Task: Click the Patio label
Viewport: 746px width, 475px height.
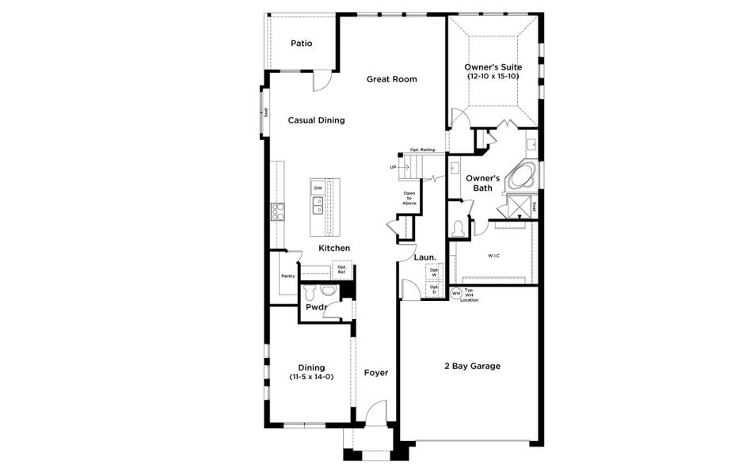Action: pyautogui.click(x=301, y=44)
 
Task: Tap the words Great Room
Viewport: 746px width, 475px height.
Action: pyautogui.click(x=391, y=79)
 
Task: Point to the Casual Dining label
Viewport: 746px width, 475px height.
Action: pyautogui.click(x=316, y=120)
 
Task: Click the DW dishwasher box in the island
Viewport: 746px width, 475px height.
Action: pyautogui.click(x=318, y=188)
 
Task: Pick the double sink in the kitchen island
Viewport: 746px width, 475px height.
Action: pyautogui.click(x=318, y=206)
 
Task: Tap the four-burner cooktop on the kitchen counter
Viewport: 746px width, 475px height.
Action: pyautogui.click(x=278, y=211)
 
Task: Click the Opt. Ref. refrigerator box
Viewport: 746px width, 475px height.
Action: pyautogui.click(x=342, y=269)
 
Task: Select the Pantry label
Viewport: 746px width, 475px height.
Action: pyautogui.click(x=287, y=276)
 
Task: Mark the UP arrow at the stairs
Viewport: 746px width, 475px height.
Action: pyautogui.click(x=394, y=167)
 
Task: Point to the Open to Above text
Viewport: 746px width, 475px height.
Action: pyautogui.click(x=409, y=198)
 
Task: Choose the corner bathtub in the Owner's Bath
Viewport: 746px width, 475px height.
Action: pyautogui.click(x=521, y=177)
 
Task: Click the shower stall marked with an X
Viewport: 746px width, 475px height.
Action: pyautogui.click(x=520, y=207)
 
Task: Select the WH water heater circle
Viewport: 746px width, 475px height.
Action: pyautogui.click(x=455, y=293)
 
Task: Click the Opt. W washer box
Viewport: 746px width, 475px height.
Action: pyautogui.click(x=433, y=272)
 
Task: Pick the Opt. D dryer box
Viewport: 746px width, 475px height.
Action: pyautogui.click(x=433, y=290)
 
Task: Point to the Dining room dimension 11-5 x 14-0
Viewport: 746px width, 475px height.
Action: pyautogui.click(x=311, y=377)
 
